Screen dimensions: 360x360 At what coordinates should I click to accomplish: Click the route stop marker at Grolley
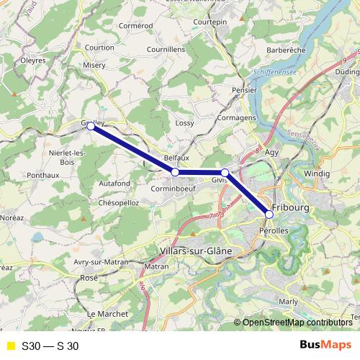91,126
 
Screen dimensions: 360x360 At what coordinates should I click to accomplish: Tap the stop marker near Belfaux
175,172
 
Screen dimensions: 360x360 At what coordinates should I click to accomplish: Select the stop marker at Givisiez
225,173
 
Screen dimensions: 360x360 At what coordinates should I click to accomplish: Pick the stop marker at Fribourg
269,214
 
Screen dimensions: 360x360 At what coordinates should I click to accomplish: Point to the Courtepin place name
210,23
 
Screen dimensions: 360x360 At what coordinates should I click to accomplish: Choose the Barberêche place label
287,50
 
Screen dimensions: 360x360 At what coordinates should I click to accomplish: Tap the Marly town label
289,302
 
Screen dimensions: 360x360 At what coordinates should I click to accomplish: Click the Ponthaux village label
43,175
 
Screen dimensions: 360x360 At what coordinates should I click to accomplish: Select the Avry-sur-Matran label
100,262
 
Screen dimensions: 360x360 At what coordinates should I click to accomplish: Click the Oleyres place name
33,60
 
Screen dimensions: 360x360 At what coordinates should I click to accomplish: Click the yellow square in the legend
11,346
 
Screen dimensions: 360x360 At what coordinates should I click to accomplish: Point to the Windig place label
317,174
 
